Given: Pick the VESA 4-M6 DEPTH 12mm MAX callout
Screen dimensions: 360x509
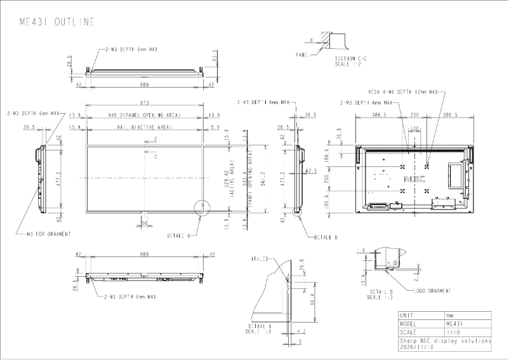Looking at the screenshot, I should (x=402, y=93).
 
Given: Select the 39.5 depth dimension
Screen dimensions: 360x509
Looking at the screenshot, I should (x=310, y=115).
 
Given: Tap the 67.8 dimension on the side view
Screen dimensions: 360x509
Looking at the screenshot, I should (x=310, y=171).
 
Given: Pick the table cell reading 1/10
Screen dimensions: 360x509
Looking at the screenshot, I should (x=453, y=332).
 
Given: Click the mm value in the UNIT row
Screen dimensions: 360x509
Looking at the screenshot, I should (x=450, y=315).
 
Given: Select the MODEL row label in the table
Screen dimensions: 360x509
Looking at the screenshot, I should (x=410, y=323).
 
